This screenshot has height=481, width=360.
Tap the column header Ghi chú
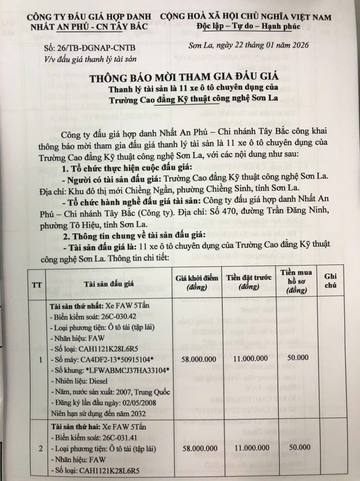coord(330,281)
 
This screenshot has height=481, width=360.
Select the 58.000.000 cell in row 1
coord(197,358)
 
